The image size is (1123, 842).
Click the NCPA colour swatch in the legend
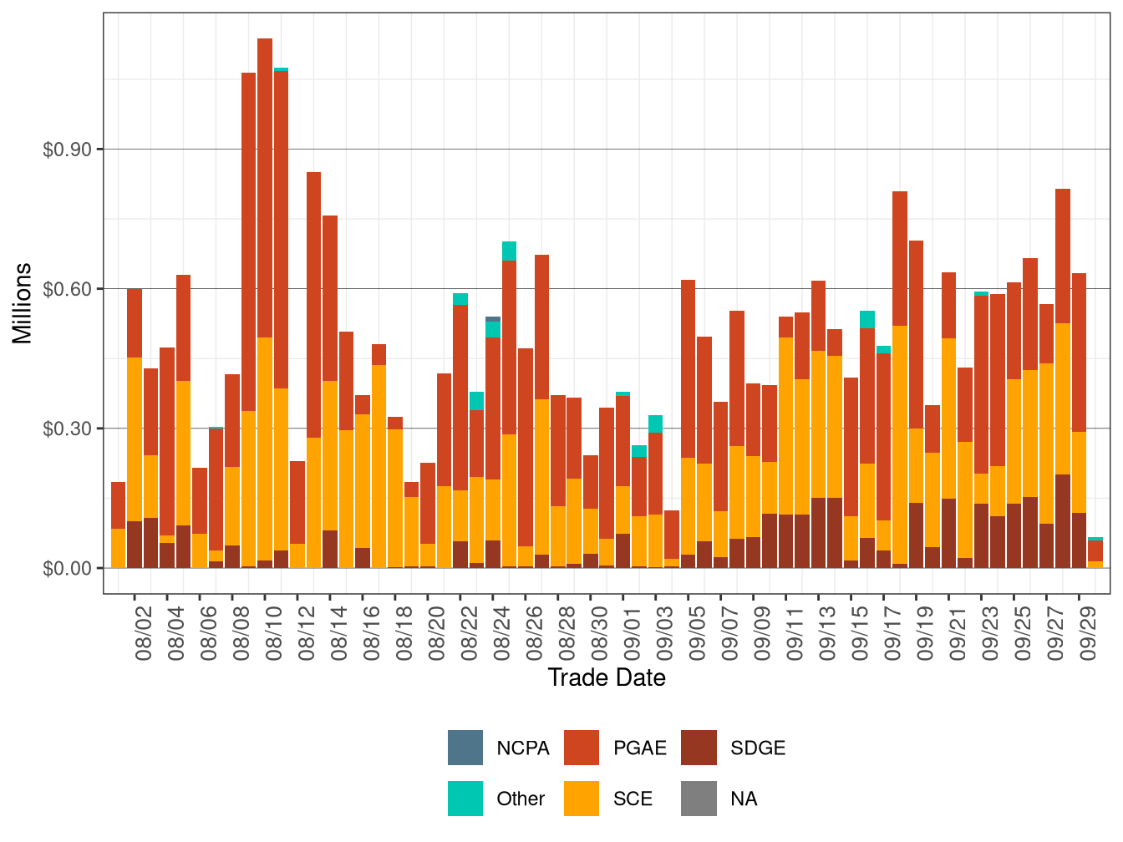pyautogui.click(x=465, y=748)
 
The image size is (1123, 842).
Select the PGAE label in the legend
pyautogui.click(x=639, y=748)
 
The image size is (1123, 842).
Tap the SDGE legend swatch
pyautogui.click(x=699, y=748)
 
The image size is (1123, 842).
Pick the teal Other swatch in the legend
pyautogui.click(x=465, y=799)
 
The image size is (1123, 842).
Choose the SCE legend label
pyautogui.click(x=633, y=799)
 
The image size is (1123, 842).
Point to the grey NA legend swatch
pyautogui.click(x=699, y=799)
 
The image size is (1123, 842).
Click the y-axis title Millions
pyautogui.click(x=23, y=303)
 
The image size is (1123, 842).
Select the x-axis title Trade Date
pyautogui.click(x=607, y=677)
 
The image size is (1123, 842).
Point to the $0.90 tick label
pyautogui.click(x=67, y=150)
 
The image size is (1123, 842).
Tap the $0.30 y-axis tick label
pyautogui.click(x=67, y=429)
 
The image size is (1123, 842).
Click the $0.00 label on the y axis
pyautogui.click(x=67, y=568)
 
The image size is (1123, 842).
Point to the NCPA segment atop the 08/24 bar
pyautogui.click(x=493, y=319)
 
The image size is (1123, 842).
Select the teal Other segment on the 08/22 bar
pyautogui.click(x=460, y=299)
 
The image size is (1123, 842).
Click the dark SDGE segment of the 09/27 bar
pyautogui.click(x=1063, y=521)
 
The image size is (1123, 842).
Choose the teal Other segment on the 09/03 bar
pyautogui.click(x=656, y=424)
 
